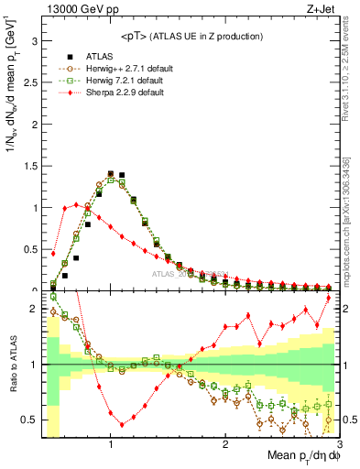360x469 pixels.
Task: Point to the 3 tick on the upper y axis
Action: point(33,41)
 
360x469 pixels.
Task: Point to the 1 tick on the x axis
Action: point(111,442)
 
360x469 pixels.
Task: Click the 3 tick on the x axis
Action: point(339,442)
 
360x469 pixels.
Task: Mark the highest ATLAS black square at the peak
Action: point(111,172)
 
